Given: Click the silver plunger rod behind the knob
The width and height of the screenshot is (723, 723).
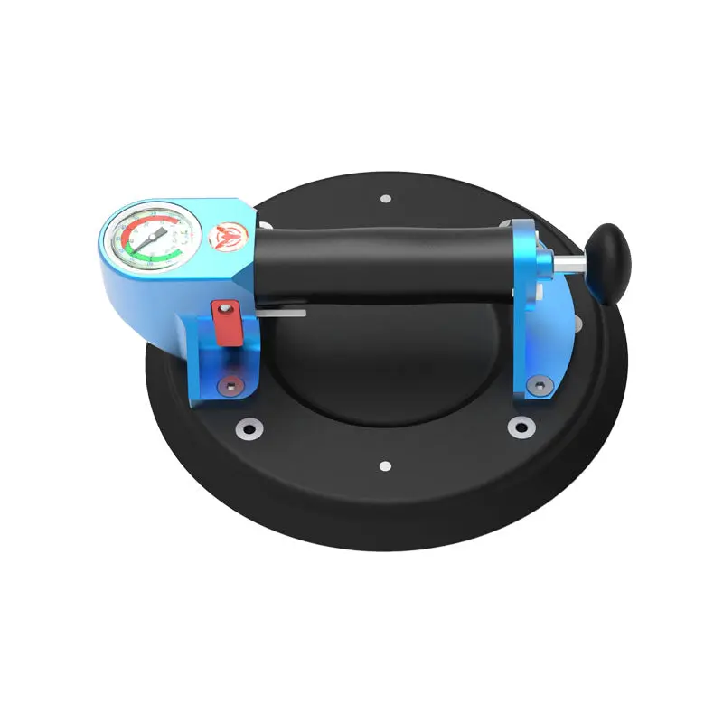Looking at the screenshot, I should (x=568, y=263).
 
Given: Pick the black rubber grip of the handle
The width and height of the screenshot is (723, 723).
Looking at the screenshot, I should (x=380, y=262).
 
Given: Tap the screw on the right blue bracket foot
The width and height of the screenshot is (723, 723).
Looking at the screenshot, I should (x=540, y=387).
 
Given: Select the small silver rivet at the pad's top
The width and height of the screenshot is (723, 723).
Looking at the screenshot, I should (x=385, y=198).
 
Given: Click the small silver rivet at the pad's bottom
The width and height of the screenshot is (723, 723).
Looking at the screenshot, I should (x=385, y=466).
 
